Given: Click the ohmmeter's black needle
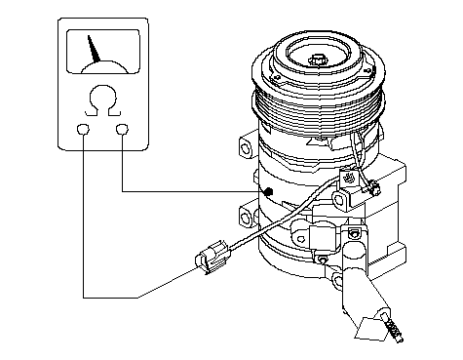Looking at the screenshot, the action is coord(94,50).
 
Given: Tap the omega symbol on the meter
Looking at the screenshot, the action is coord(102,100).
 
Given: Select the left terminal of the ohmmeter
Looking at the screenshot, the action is coord(83,129).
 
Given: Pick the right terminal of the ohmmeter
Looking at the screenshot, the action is coord(122,129).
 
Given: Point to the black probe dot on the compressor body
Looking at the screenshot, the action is coord(268,192).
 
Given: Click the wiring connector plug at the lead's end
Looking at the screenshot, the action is coord(212,256).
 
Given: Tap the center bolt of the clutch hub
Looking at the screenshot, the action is coord(318,60).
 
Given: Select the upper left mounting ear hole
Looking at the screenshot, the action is coord(246,148).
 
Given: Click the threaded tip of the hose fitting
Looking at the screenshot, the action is coord(394,327).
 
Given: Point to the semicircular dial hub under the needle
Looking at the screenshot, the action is coord(104,67).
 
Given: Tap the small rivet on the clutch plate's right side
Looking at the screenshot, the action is coord(367,70).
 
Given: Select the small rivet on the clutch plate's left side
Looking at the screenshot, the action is coord(277,77).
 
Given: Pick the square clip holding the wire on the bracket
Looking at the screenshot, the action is coord(349,179).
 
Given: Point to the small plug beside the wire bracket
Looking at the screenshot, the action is coord(374,188).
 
